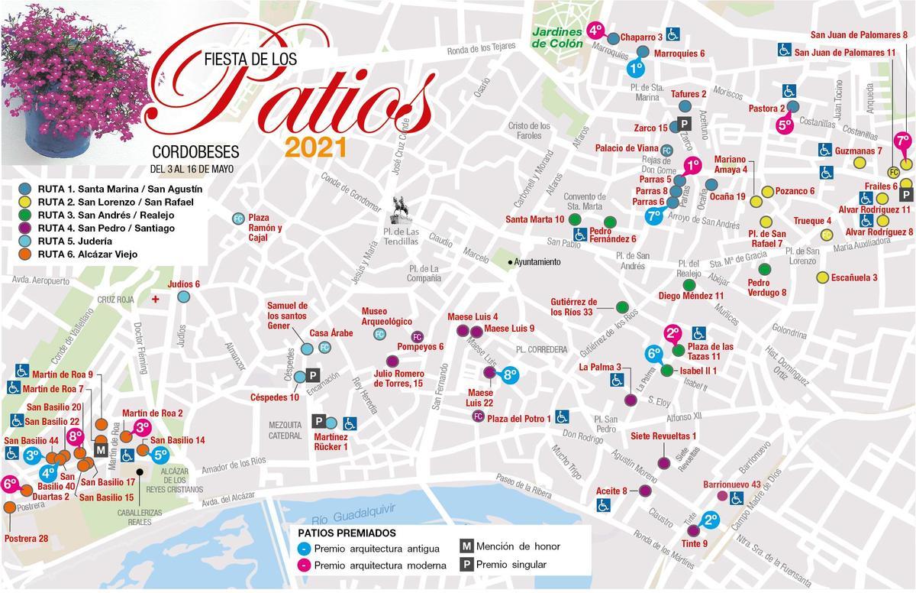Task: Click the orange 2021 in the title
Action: click(x=316, y=147)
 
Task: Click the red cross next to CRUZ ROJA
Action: click(x=156, y=299)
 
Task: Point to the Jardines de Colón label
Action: click(x=557, y=38)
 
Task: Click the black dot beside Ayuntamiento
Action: click(x=510, y=262)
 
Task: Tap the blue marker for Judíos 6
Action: click(x=183, y=297)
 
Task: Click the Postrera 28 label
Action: click(x=26, y=539)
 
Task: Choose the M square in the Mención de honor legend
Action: click(x=466, y=546)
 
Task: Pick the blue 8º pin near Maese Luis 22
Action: click(x=510, y=374)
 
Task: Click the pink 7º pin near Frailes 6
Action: click(x=903, y=142)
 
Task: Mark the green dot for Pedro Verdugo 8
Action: click(x=764, y=268)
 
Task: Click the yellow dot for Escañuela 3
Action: click(x=822, y=277)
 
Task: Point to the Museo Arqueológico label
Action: click(x=386, y=316)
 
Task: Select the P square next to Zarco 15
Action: click(x=685, y=124)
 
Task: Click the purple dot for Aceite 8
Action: click(x=645, y=491)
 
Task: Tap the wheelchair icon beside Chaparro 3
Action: click(x=673, y=34)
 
